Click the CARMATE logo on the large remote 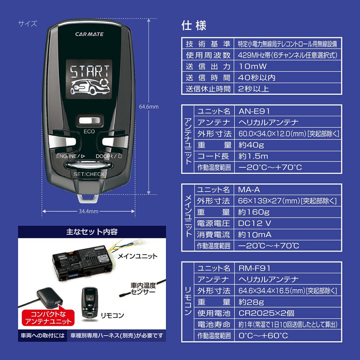click(x=89, y=34)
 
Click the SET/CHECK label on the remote click(x=89, y=174)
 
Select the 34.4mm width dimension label click(x=89, y=211)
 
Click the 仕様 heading click(x=194, y=26)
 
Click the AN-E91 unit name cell click(x=254, y=111)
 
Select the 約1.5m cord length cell click(x=253, y=156)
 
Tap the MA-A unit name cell click(x=249, y=189)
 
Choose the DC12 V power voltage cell click(x=255, y=223)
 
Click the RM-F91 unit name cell click(x=254, y=268)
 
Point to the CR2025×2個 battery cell click(x=266, y=313)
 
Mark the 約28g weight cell click(x=251, y=302)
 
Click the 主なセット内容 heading click(x=92, y=231)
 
